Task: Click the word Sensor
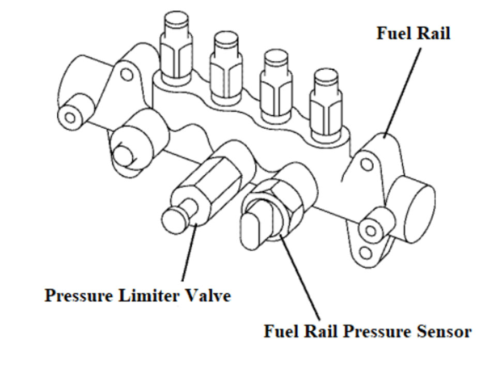coord(445,331)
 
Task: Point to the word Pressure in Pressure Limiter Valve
coord(79,296)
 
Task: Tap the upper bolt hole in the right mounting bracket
coord(367,165)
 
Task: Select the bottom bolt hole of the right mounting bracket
coord(366,253)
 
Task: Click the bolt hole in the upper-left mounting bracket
coord(127,74)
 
